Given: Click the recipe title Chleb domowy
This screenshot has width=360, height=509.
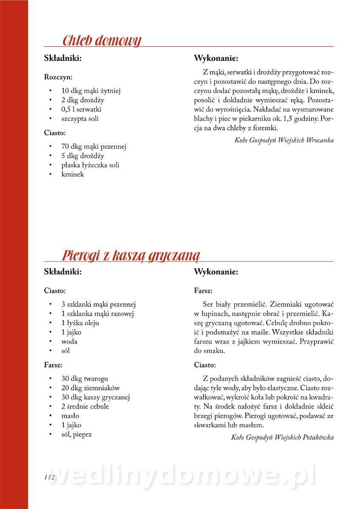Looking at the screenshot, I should (101, 41).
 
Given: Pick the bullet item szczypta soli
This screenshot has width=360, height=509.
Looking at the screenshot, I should (80, 119).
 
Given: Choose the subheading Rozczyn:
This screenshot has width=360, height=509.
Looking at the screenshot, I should (58, 77).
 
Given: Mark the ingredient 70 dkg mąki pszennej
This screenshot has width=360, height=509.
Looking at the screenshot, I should (94, 147).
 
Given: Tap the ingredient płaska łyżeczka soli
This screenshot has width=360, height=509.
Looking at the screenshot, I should (90, 165).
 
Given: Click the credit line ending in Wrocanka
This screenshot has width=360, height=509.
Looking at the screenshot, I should (284, 140).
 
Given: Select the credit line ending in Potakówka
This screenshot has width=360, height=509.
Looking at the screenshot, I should (282, 437).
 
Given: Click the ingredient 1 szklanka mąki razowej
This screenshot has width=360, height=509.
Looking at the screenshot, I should (98, 314).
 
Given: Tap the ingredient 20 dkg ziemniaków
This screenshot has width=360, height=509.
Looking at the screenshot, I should (90, 388).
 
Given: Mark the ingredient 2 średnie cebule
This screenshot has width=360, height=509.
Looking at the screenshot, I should (85, 406).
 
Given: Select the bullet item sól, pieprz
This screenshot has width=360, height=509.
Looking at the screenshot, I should (76, 434).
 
